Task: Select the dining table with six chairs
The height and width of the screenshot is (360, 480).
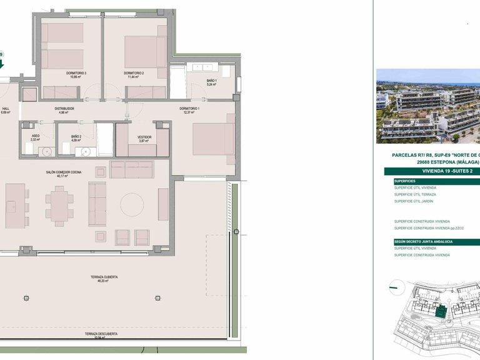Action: (60, 204)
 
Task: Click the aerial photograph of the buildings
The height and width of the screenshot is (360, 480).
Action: (427, 106)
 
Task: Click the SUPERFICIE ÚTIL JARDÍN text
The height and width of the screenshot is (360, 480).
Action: (414, 201)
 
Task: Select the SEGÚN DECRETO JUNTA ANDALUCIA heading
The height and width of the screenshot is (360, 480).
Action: (422, 241)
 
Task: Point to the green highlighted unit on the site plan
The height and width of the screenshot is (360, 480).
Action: (442, 311)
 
